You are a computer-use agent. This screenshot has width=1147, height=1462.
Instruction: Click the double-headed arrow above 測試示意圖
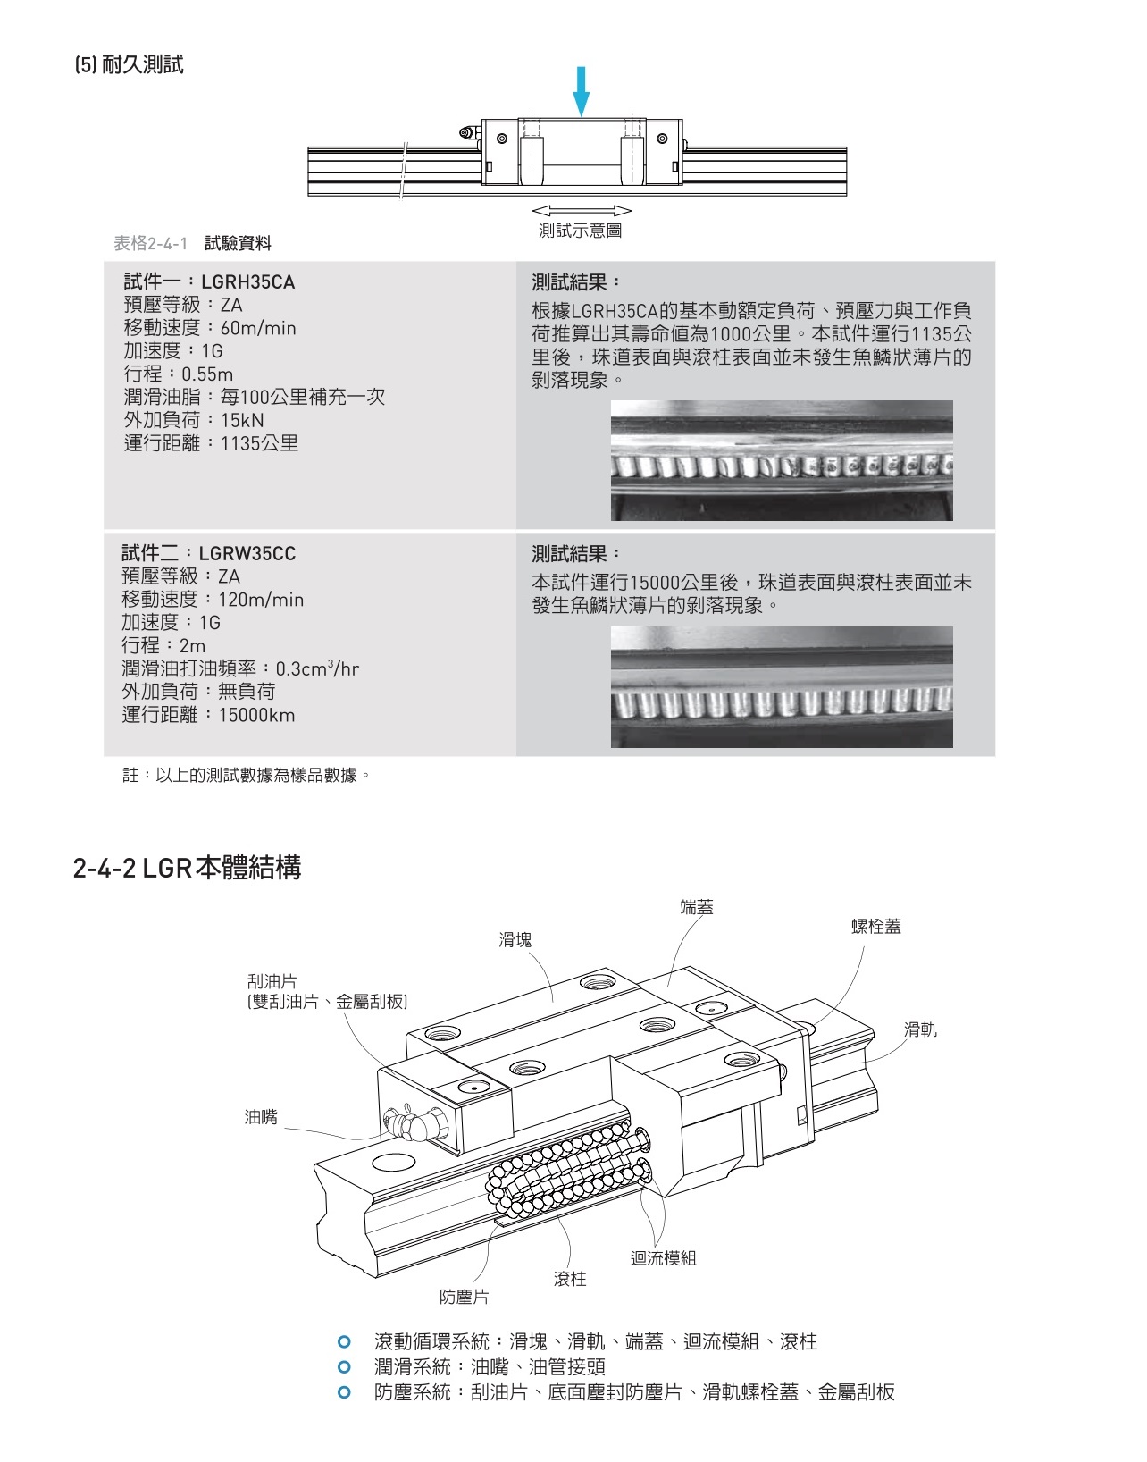(x=582, y=211)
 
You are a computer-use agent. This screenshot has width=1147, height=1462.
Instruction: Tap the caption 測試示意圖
(x=580, y=231)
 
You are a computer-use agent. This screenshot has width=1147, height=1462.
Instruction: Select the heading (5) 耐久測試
(x=130, y=65)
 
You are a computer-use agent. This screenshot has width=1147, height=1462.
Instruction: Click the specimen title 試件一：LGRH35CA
(x=209, y=282)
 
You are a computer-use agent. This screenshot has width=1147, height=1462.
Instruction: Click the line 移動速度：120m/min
(x=213, y=600)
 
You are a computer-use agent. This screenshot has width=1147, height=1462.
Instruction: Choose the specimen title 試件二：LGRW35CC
(x=209, y=553)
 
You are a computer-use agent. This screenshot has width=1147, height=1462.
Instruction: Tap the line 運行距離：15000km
(x=208, y=715)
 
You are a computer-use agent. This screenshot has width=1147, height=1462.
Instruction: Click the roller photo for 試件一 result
(x=781, y=460)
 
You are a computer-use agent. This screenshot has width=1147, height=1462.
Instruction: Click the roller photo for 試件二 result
(x=781, y=686)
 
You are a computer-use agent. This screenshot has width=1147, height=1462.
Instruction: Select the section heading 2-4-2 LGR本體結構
(x=187, y=868)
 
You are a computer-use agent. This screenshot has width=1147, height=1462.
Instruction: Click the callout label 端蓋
(x=697, y=908)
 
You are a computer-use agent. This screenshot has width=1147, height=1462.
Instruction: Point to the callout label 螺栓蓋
(x=876, y=927)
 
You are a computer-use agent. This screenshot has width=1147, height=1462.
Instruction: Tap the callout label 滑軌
(x=920, y=1029)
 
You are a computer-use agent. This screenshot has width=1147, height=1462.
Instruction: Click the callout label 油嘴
(x=261, y=1117)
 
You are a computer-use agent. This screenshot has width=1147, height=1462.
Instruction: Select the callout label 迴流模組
(x=663, y=1258)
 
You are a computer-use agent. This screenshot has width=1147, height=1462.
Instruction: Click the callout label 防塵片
(x=464, y=1297)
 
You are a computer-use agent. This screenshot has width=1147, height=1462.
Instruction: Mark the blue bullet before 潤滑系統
(x=344, y=1366)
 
